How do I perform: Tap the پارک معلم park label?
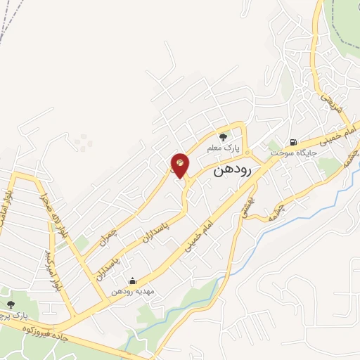(x=224, y=150)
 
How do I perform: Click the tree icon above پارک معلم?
(x=224, y=138)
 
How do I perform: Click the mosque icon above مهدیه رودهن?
(x=133, y=281)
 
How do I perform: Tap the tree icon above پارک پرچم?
(x=10, y=304)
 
